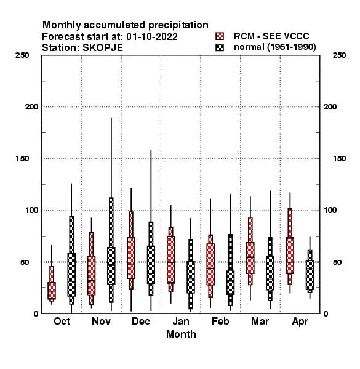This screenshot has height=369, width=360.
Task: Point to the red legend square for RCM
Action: tap(220, 36)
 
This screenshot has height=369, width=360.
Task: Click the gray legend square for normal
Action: tap(220, 47)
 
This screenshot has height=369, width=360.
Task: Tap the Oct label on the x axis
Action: tap(62, 321)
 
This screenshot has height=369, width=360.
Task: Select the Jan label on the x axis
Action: tap(181, 321)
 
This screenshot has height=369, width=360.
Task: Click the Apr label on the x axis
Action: tap(300, 322)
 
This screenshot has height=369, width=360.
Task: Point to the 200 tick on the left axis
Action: tap(31, 107)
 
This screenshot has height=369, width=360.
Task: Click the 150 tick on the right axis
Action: tap(339, 159)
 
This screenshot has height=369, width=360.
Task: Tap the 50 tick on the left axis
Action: tap(25, 262)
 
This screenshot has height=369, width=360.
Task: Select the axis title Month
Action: tap(181, 334)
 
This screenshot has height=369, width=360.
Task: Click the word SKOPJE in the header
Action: tap(103, 48)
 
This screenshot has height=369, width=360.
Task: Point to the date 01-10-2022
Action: tap(152, 37)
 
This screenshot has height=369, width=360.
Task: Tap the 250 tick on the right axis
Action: tap(339, 55)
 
